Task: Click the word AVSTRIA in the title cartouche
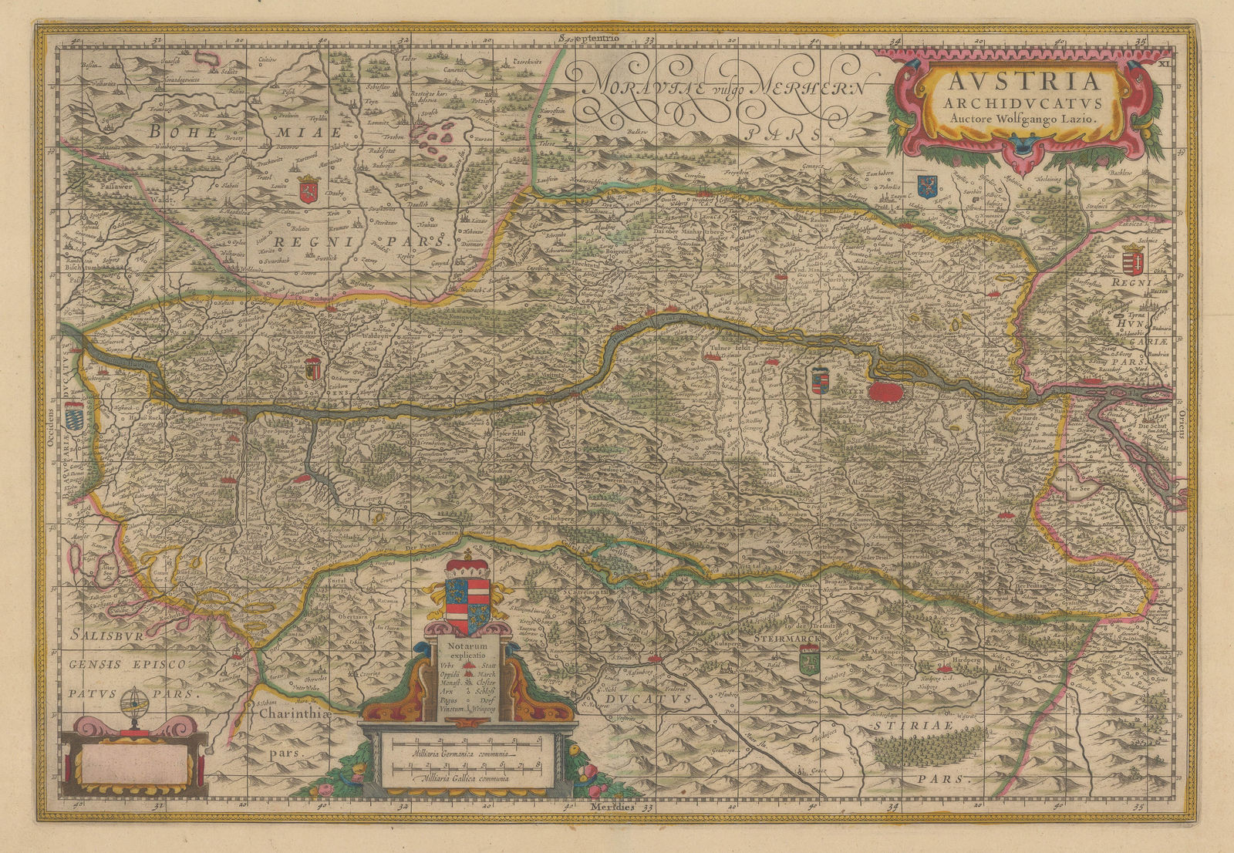point(1015,82)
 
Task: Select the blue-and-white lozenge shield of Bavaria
point(74,416)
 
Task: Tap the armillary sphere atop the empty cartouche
point(131,705)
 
